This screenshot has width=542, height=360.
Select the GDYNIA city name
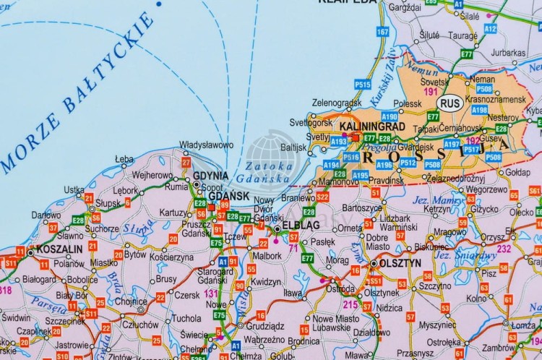pyautogui.click(x=210, y=176)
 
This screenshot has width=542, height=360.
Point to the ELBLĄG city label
pyautogui.click(x=299, y=227)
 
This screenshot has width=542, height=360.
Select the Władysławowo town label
pyautogui.click(x=206, y=145)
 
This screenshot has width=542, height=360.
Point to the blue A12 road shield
pyautogui.click(x=491, y=29)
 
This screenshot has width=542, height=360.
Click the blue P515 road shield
pyautogui.click(x=363, y=85)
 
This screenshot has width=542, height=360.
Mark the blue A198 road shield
pyautogui.click(x=479, y=111)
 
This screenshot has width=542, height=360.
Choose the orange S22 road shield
pyautogui.click(x=322, y=196)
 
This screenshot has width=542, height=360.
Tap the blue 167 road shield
pyautogui.click(x=383, y=32)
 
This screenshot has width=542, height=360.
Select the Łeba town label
pyautogui.click(x=124, y=158)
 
